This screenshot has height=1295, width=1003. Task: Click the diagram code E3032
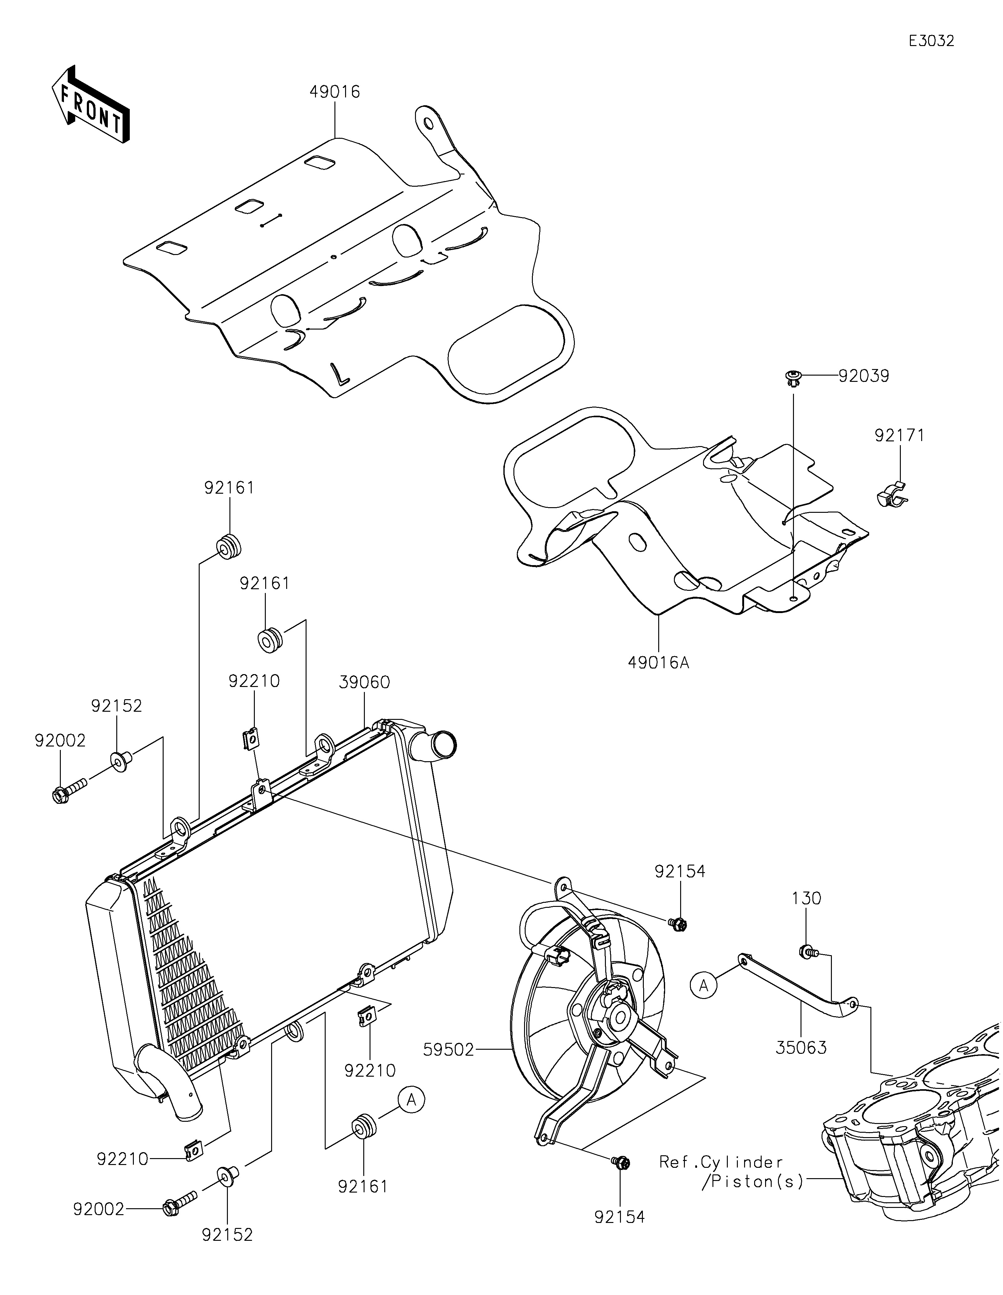click(x=931, y=41)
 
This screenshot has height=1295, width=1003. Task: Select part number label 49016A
click(x=659, y=662)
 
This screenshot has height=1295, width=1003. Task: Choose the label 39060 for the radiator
click(x=364, y=683)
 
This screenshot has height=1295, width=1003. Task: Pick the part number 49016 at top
click(x=334, y=92)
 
